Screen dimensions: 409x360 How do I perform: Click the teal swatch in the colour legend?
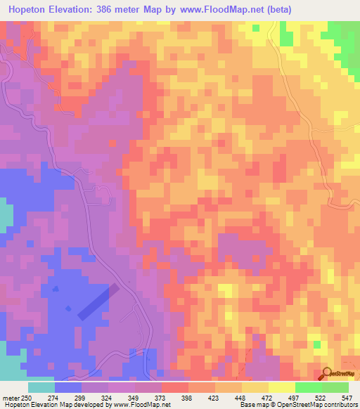pyautogui.click(x=41, y=387)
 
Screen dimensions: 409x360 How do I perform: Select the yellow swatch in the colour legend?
pyautogui.click(x=281, y=387)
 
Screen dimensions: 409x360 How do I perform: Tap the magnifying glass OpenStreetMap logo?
pyautogui.click(x=327, y=374)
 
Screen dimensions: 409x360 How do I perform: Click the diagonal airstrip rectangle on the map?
pyautogui.click(x=98, y=302)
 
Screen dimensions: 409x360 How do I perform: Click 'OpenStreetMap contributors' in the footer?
pyautogui.click(x=321, y=405)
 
